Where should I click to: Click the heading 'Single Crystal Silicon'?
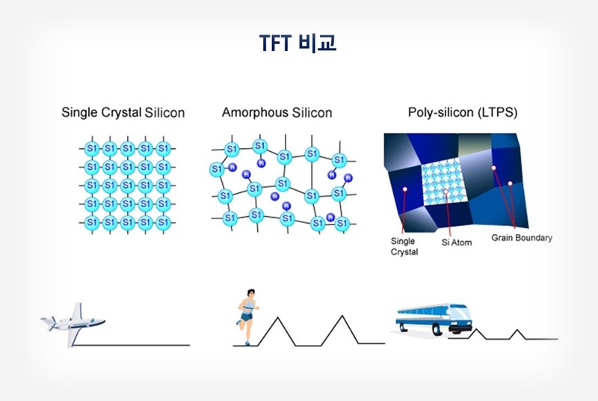[123, 113]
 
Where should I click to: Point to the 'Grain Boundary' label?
[522, 238]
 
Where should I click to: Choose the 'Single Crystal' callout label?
[404, 246]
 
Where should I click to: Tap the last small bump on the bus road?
[517, 331]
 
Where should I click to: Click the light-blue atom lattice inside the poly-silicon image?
[445, 185]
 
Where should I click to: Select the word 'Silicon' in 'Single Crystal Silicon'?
[166, 113]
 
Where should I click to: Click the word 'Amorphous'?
[253, 113]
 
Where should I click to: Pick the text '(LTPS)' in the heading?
[499, 113]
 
